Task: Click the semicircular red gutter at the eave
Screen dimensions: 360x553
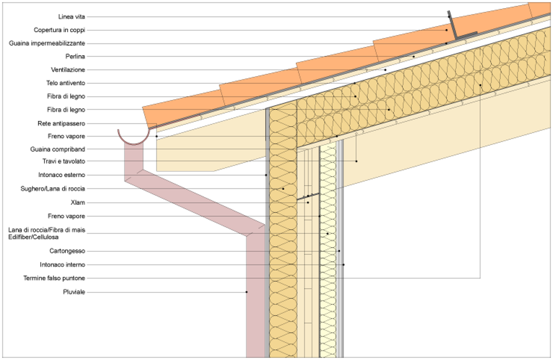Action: (133, 140)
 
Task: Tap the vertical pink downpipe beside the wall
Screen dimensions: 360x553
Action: (256, 293)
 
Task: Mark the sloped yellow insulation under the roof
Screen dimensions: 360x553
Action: (425, 85)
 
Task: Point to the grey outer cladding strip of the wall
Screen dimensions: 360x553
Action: (267, 236)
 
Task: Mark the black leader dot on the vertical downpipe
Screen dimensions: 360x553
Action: (246, 292)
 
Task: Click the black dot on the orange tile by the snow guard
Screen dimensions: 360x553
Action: (446, 30)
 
